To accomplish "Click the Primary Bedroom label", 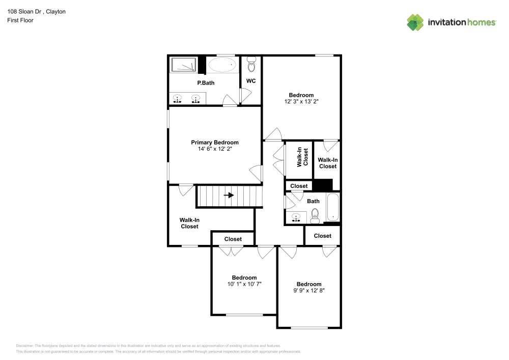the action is click(x=215, y=143).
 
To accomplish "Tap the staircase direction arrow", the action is click(x=229, y=195).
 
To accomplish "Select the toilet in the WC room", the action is click(x=251, y=64).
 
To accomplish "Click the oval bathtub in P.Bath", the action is click(x=222, y=65).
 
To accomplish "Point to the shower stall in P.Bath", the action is click(x=184, y=65).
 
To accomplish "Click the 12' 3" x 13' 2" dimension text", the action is click(x=301, y=101).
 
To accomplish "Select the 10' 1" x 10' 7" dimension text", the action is click(x=244, y=284).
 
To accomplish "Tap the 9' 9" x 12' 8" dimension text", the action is click(x=309, y=291).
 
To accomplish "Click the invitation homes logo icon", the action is click(x=415, y=22).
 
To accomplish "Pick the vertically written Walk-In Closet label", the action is click(x=302, y=157).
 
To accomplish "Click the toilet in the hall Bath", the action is click(x=315, y=216).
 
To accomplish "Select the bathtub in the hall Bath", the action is click(x=333, y=207).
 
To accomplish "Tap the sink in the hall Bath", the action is click(x=296, y=217).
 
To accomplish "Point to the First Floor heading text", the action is click(x=20, y=20).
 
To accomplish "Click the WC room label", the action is click(x=251, y=81).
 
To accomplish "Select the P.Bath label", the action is click(x=206, y=83).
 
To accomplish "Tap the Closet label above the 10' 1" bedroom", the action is click(x=233, y=239).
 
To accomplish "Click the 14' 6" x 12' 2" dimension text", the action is click(x=215, y=149).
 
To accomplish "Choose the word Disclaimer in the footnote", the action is click(x=24, y=346).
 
